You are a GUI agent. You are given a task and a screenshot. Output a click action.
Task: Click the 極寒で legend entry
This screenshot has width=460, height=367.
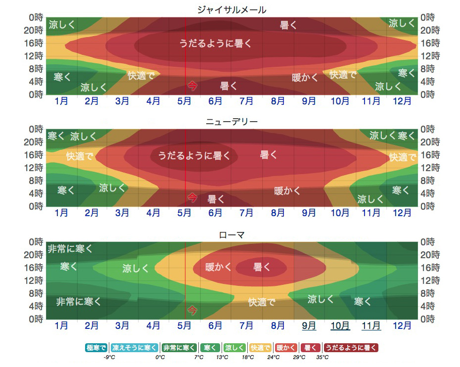(x=96, y=348)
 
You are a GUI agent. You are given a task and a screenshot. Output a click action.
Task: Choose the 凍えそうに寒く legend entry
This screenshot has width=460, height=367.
(x=135, y=348)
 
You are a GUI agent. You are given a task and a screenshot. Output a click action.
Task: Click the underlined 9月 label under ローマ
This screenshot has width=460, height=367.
(x=309, y=326)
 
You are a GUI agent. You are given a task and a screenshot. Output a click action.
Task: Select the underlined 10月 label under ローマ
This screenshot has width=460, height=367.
(x=340, y=326)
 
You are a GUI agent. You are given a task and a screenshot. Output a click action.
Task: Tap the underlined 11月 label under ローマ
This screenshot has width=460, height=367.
(x=371, y=326)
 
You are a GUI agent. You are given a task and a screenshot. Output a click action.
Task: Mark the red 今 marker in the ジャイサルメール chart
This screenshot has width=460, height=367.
(x=192, y=86)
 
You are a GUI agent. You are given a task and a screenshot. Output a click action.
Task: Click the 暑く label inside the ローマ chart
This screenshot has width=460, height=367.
(x=262, y=267)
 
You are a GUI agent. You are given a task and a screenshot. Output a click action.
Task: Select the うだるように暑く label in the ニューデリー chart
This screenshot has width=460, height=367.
(x=194, y=155)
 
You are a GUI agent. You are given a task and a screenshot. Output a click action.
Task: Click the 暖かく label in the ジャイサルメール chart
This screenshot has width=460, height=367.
(x=303, y=77)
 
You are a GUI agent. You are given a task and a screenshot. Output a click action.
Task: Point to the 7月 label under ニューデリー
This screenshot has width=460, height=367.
(x=246, y=213)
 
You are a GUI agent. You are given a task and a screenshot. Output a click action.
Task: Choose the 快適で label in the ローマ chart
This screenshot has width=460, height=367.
(x=261, y=302)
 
